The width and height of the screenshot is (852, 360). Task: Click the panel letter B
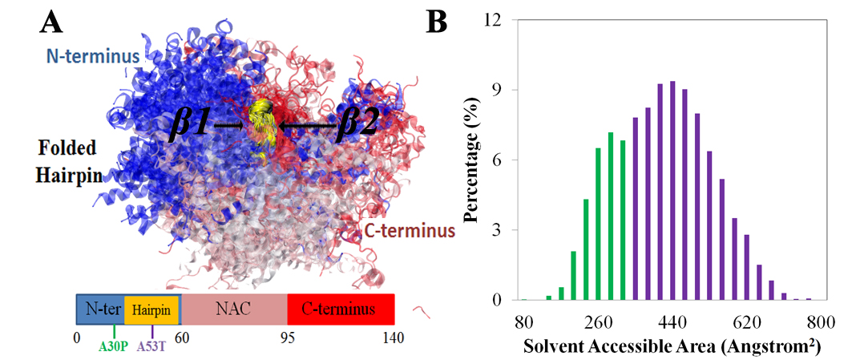point(437,22)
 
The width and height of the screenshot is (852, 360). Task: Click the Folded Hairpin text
point(67,160)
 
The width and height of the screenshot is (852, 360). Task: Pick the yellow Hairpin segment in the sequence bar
point(151,309)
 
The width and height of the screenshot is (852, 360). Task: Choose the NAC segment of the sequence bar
point(233,309)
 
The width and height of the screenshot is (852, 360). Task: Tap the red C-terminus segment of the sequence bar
point(340,309)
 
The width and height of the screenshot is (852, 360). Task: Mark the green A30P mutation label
point(115,348)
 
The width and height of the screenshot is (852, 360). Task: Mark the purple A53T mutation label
point(153,348)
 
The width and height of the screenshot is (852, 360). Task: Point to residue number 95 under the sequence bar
point(288,338)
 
